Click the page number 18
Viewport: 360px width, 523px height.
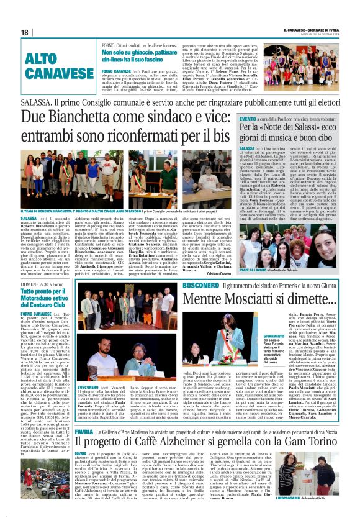click(x=25, y=32)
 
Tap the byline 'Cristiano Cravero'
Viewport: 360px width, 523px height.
click(x=215, y=257)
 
